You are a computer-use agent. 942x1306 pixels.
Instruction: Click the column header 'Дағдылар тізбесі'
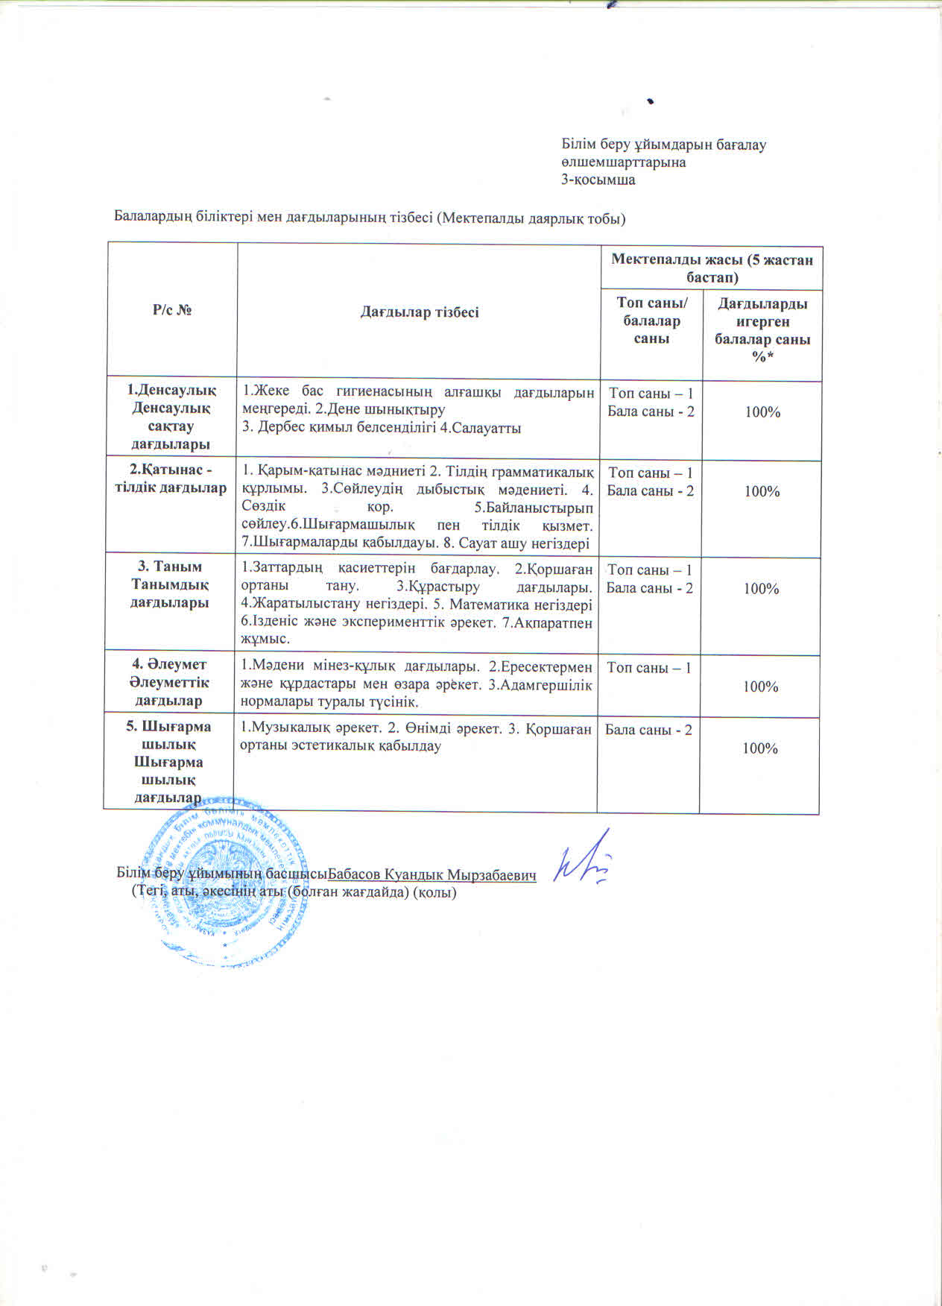coord(419,312)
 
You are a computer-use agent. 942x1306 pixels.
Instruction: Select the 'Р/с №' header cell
coord(172,309)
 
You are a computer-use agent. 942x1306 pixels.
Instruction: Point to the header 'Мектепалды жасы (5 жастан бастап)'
coord(712,268)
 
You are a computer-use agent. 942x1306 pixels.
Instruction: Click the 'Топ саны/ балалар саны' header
coord(651,321)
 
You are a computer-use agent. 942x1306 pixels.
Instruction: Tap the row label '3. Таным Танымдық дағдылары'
coord(170,584)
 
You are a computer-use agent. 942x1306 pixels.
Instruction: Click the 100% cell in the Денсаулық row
coord(762,411)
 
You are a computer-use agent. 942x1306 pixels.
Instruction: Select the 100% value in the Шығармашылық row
coord(760,748)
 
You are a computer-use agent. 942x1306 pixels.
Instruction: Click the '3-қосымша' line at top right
coord(598,180)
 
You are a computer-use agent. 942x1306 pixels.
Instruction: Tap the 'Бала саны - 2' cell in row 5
coord(648,729)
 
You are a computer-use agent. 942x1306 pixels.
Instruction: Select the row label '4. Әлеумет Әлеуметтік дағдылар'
coord(170,682)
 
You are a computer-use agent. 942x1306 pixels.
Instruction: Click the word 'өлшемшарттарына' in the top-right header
coord(623,162)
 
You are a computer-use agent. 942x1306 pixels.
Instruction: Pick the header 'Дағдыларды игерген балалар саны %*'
coord(762,330)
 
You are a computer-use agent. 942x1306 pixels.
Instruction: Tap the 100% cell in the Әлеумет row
coord(760,687)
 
